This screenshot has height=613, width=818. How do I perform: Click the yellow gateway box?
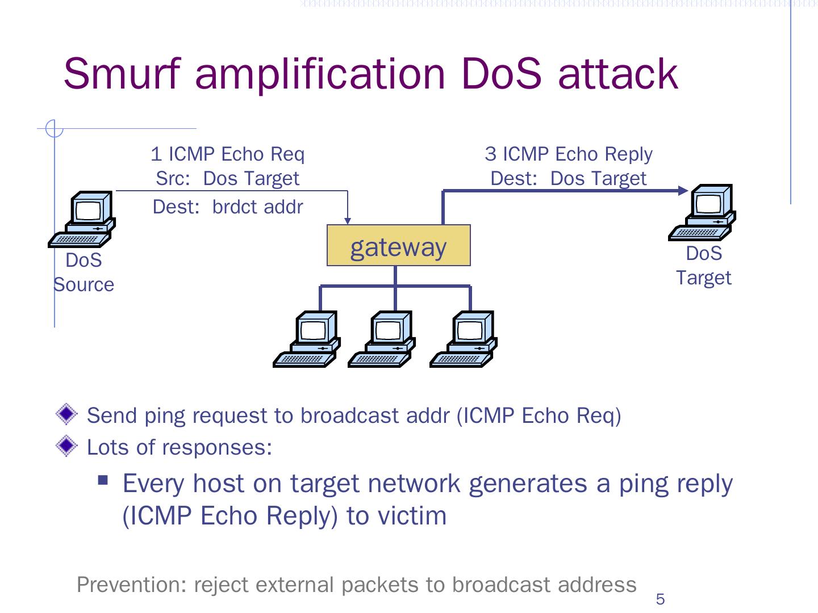(x=398, y=245)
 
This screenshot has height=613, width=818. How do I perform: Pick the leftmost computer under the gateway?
(x=307, y=339)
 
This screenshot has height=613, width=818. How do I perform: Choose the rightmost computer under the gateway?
(x=464, y=339)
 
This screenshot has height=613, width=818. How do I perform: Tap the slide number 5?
(x=660, y=599)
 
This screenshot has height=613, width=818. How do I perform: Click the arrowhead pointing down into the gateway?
(x=348, y=220)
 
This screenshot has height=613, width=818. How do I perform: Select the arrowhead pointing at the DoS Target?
(x=683, y=191)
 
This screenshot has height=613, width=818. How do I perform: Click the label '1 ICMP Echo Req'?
(x=227, y=154)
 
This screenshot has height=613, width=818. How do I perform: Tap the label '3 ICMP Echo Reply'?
(x=568, y=154)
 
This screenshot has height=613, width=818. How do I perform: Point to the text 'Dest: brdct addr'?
(x=227, y=207)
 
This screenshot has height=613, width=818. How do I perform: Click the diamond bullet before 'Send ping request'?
(x=66, y=414)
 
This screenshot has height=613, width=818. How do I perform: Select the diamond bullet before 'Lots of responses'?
(x=66, y=446)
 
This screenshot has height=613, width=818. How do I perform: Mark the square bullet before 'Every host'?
(x=103, y=480)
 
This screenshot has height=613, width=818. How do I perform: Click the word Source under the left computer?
(x=84, y=284)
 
